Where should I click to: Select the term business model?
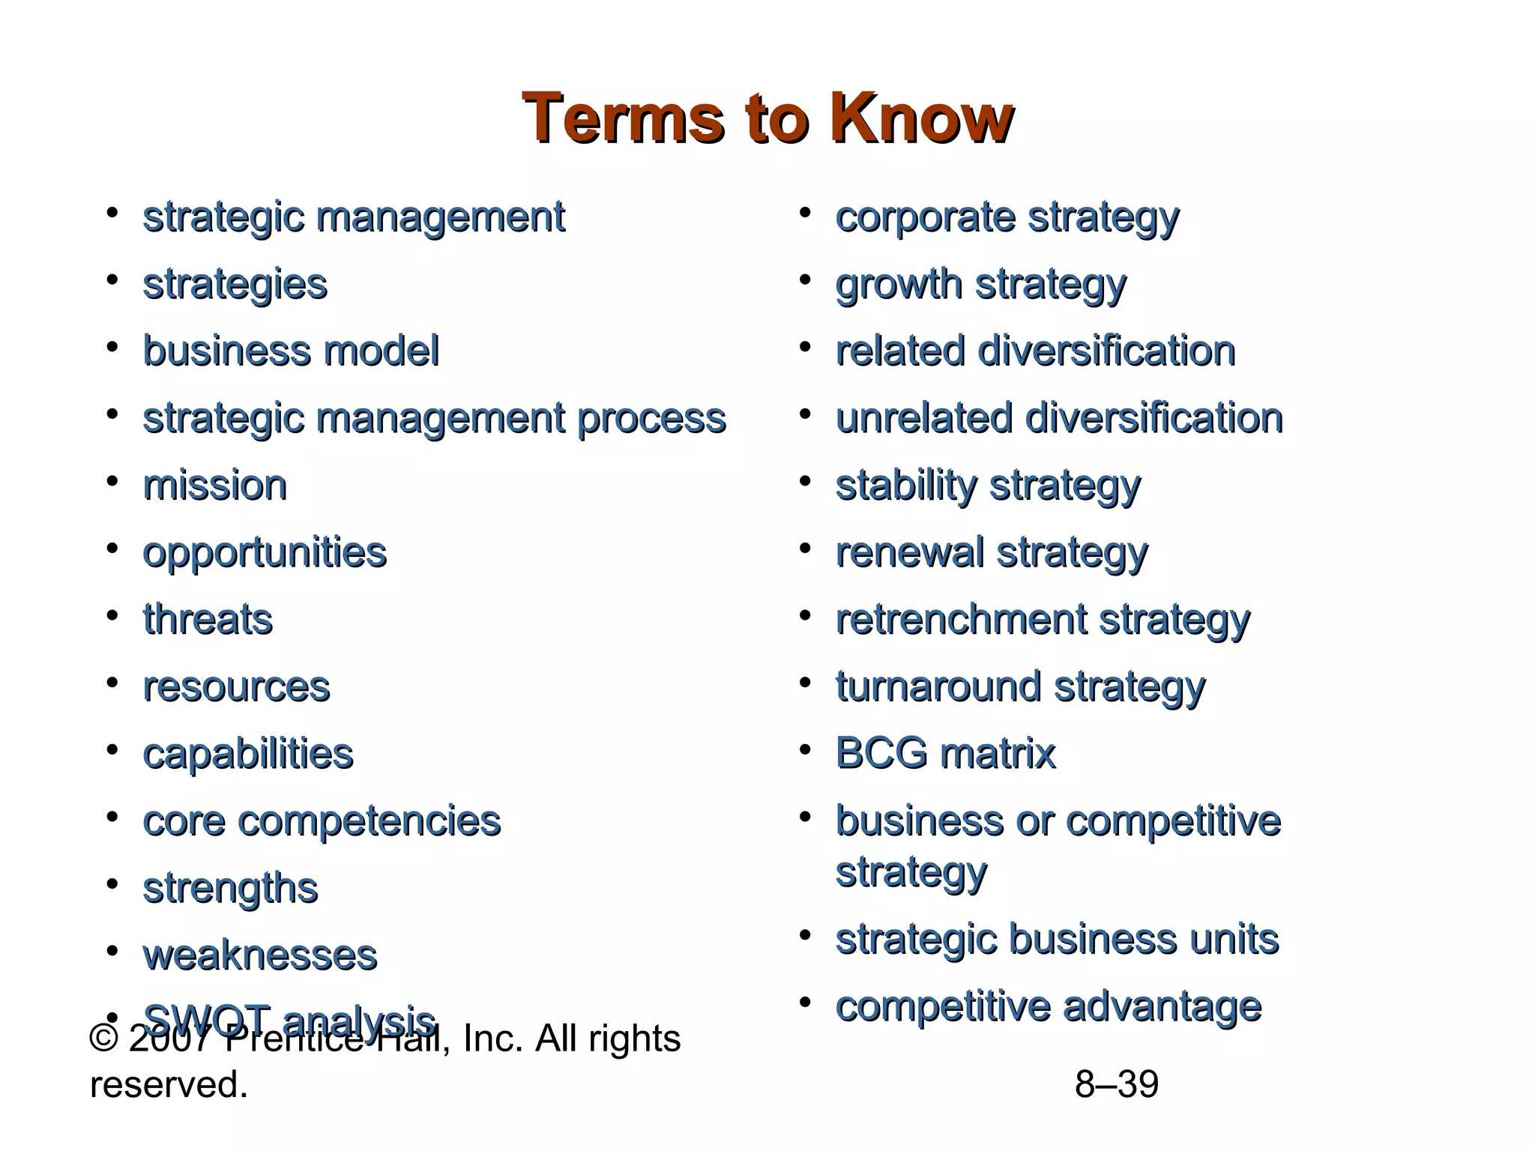pyautogui.click(x=291, y=351)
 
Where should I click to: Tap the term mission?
pyautogui.click(x=215, y=485)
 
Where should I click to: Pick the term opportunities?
pyautogui.click(x=265, y=552)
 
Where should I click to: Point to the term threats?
pyautogui.click(x=208, y=620)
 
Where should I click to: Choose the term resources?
pyautogui.click(x=236, y=686)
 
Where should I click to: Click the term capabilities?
pyautogui.click(x=248, y=754)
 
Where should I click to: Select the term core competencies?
pyautogui.click(x=322, y=821)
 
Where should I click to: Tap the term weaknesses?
pyautogui.click(x=260, y=955)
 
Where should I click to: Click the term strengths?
pyautogui.click(x=230, y=888)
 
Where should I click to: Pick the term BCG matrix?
pyautogui.click(x=945, y=753)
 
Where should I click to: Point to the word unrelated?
pyautogui.click(x=923, y=418)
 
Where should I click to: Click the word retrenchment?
pyautogui.click(x=961, y=620)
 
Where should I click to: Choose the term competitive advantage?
pyautogui.click(x=1049, y=1006)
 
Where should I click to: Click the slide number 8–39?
pyautogui.click(x=1116, y=1084)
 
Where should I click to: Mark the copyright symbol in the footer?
pyautogui.click(x=103, y=1039)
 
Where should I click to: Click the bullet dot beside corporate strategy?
pyautogui.click(x=805, y=213)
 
